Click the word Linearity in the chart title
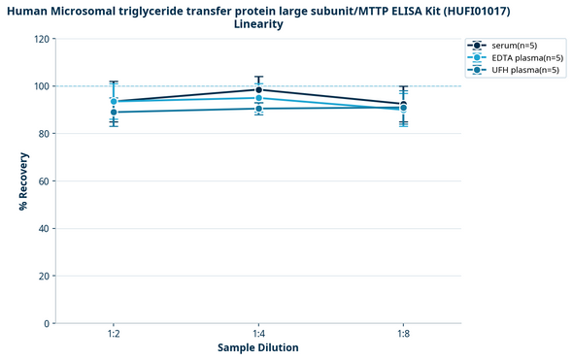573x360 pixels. pyautogui.click(x=258, y=24)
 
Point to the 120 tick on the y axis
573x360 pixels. pyautogui.click(x=42, y=39)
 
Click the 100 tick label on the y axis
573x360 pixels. pyautogui.click(x=42, y=86)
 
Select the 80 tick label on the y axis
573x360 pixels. pyautogui.click(x=44, y=134)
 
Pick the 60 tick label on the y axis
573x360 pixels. pyautogui.click(x=44, y=181)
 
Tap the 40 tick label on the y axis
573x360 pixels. pyautogui.click(x=44, y=229)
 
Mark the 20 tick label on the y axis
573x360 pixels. pyautogui.click(x=44, y=277)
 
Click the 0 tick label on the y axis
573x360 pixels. pyautogui.click(x=47, y=323)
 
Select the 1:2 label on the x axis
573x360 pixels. pyautogui.click(x=114, y=334)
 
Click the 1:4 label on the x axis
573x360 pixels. pyautogui.click(x=258, y=334)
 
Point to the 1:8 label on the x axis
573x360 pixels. pyautogui.click(x=403, y=334)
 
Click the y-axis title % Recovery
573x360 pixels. pyautogui.click(x=23, y=181)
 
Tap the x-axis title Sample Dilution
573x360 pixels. pyautogui.click(x=258, y=347)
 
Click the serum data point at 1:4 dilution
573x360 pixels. pyautogui.click(x=258, y=89)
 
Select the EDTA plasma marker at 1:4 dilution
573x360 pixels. pyautogui.click(x=258, y=98)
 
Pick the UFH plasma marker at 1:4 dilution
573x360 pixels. pyautogui.click(x=258, y=108)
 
